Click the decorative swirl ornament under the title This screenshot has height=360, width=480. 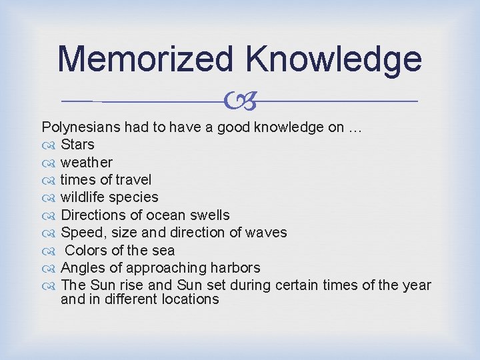click(x=240, y=101)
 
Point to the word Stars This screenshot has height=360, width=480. click(x=77, y=145)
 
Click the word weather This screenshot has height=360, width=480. click(x=87, y=162)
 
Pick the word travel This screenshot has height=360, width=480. click(x=134, y=180)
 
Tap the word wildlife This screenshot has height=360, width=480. click(x=82, y=197)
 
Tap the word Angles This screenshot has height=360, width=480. click(x=81, y=268)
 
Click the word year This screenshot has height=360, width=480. click(x=416, y=286)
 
